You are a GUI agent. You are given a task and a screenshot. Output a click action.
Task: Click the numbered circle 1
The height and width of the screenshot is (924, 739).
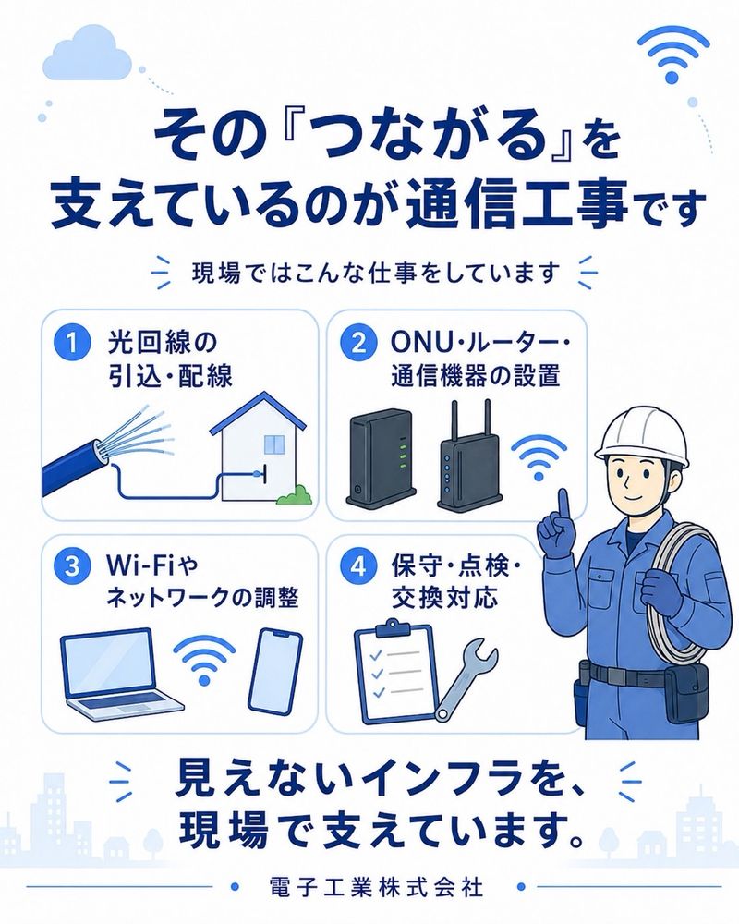coord(72,343)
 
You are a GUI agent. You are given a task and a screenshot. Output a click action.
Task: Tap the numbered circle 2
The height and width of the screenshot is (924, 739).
coord(358,343)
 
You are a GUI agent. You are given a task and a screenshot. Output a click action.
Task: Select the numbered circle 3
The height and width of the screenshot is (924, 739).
coord(72,566)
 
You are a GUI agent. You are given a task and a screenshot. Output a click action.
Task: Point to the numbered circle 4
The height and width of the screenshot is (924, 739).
coord(358,566)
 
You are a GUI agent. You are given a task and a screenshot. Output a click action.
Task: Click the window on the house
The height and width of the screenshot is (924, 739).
coord(273,445)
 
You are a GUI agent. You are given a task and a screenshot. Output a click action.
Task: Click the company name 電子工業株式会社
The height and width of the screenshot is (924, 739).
coord(375,887)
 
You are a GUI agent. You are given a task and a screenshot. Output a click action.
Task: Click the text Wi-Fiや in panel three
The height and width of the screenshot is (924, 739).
coord(152,566)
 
